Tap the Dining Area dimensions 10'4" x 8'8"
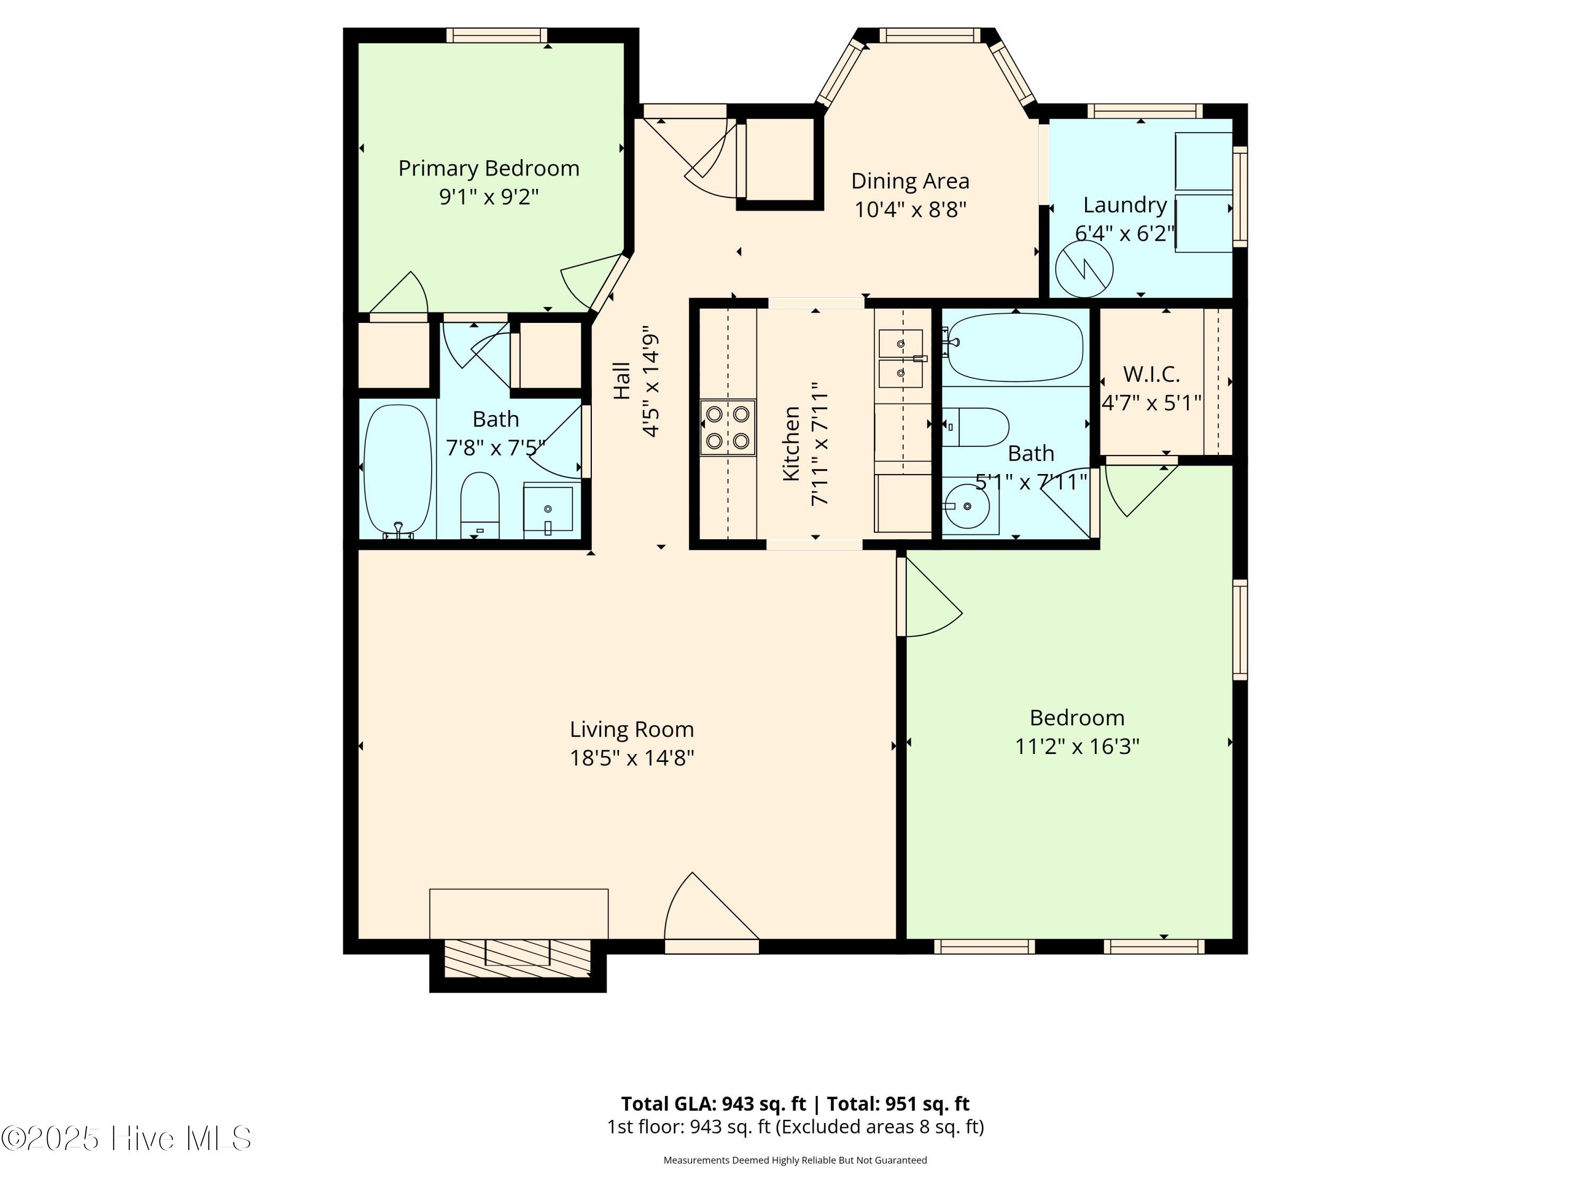(910, 209)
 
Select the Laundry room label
(1125, 206)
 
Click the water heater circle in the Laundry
(1084, 269)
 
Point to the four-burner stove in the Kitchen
(728, 428)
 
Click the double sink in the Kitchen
(901, 358)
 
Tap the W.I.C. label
(1151, 374)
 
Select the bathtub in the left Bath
(398, 471)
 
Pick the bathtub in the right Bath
(1015, 347)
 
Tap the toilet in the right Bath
(976, 427)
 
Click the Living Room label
(632, 729)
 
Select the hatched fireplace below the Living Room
(518, 958)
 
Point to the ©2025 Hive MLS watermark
(126, 1138)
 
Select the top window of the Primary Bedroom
(496, 35)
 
